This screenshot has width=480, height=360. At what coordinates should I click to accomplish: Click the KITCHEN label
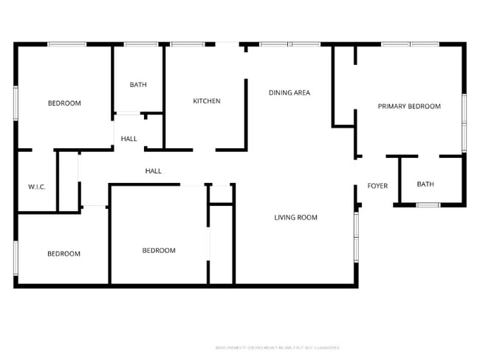(207, 101)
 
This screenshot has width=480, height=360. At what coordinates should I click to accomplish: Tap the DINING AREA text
(289, 93)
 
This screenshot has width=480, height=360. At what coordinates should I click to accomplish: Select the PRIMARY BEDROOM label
(409, 106)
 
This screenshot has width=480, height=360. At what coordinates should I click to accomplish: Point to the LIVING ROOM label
(295, 217)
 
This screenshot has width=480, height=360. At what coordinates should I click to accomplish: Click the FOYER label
(377, 186)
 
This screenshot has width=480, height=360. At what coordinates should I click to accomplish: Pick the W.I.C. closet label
(37, 187)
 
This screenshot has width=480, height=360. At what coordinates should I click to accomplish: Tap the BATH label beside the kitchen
(138, 85)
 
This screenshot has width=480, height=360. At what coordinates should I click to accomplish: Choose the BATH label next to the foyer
(425, 184)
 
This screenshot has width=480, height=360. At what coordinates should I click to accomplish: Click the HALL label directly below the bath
(129, 139)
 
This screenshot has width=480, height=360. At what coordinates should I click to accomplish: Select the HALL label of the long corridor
(154, 171)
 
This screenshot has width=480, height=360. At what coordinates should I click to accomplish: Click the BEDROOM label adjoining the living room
(159, 251)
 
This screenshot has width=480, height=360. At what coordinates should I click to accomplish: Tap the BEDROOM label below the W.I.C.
(64, 254)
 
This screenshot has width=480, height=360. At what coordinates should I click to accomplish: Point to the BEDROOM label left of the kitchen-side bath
(64, 103)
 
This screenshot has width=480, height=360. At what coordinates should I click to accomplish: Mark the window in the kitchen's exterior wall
(188, 45)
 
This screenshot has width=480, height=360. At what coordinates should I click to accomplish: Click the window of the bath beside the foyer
(428, 204)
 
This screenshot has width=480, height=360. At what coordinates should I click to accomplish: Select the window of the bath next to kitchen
(137, 45)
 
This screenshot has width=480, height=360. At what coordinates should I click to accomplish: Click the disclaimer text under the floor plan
(277, 347)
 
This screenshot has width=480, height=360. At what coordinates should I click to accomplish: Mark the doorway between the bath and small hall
(129, 114)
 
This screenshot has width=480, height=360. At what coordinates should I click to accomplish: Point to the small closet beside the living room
(221, 194)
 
